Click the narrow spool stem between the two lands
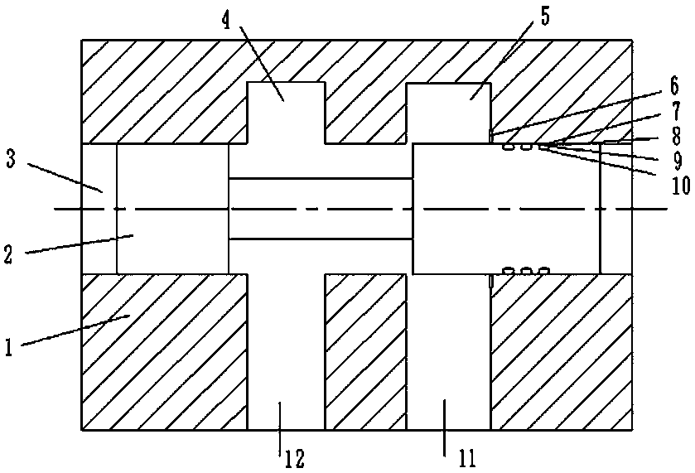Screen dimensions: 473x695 (x=320, y=209)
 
